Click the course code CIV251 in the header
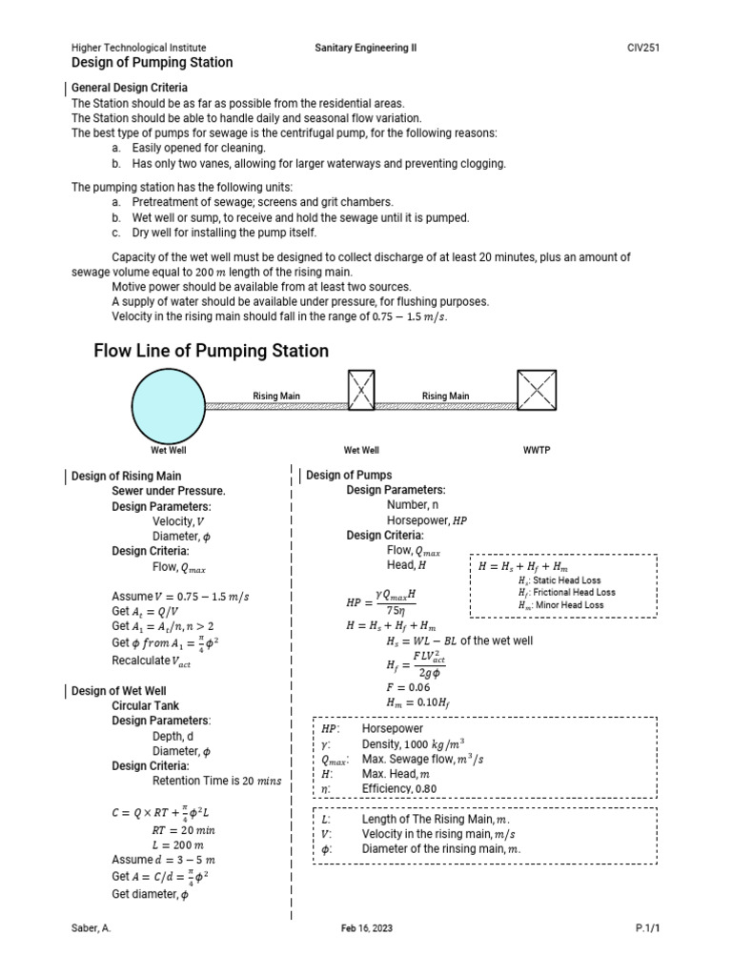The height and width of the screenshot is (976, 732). point(643,48)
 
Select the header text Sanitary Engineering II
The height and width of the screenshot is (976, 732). point(366,48)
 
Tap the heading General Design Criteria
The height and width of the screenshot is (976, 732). point(130,88)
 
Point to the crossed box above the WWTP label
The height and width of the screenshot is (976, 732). point(537,391)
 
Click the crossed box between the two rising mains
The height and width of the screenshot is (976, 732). point(361,391)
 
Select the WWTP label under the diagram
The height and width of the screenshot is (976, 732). point(536,449)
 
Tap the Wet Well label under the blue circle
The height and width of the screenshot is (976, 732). point(168,449)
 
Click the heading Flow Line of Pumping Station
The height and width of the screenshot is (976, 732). point(211,351)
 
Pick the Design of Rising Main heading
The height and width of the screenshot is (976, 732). point(127,475)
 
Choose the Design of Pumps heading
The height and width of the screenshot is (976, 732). point(349,475)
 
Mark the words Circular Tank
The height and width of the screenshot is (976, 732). point(147,706)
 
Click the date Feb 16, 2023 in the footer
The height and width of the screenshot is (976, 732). point(366,928)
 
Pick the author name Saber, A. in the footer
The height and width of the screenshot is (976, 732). point(91,928)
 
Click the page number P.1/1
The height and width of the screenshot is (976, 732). point(647,928)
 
